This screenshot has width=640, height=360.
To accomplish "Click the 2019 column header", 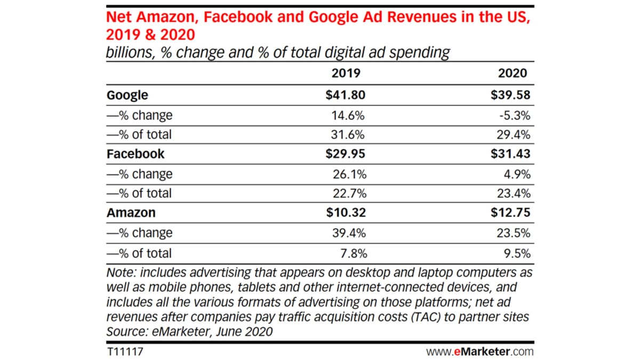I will click(x=346, y=73).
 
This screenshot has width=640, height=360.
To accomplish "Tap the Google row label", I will click(x=127, y=95).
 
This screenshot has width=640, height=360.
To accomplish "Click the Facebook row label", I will click(x=135, y=154).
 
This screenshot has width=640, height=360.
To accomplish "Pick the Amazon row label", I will click(x=131, y=213).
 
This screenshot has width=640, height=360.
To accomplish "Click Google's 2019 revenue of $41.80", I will click(x=345, y=95).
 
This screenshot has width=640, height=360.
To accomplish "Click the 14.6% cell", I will click(x=349, y=115).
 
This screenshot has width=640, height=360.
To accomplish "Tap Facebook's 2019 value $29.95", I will click(x=345, y=154).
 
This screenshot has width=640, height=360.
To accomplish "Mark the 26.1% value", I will click(x=349, y=174).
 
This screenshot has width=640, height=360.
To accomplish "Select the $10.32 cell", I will click(x=345, y=213).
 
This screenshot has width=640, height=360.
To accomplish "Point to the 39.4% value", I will click(x=349, y=233).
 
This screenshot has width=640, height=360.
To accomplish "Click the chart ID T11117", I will click(x=124, y=352).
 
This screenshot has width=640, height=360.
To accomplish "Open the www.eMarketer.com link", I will click(x=479, y=352).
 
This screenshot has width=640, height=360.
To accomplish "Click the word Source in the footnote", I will click(x=124, y=331).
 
